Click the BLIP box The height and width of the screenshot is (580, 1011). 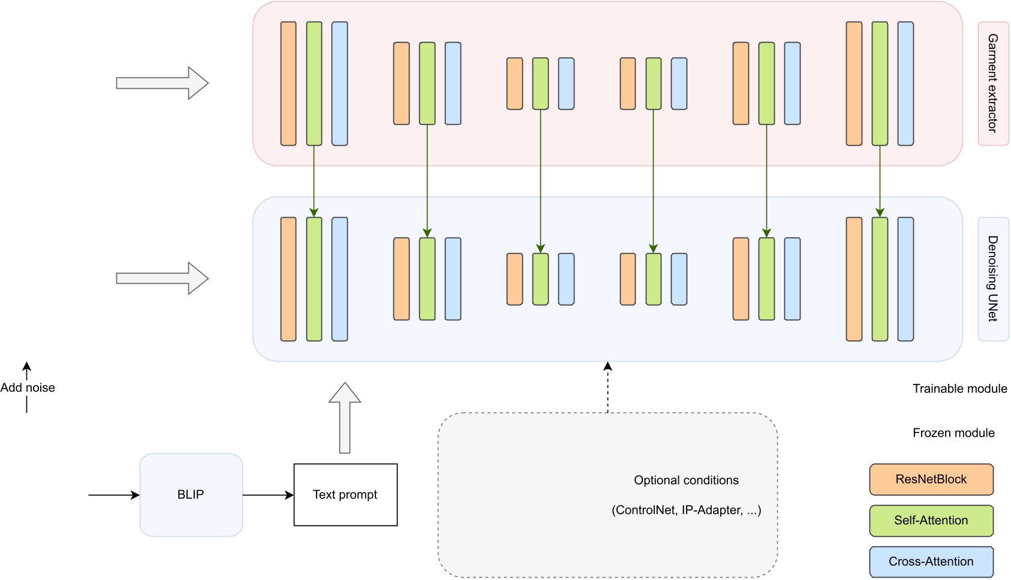pos(191,495)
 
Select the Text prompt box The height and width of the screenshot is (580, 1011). pos(345,495)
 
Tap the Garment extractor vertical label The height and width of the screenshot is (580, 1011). pos(993,83)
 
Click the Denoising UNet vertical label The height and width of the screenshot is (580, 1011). pos(993,279)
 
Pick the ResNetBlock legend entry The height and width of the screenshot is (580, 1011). pos(931,479)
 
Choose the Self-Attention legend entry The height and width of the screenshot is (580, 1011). pos(931,521)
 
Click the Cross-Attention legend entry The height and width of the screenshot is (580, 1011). pos(931,561)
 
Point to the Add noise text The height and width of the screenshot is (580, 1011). pos(28,388)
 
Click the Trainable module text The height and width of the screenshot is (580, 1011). pos(959,389)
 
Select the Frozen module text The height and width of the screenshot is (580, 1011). pos(953,433)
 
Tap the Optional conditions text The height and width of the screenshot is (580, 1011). pos(686,480)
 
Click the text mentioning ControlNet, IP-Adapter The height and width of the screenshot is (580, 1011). pos(686,510)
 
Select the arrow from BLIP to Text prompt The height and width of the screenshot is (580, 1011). pos(268,495)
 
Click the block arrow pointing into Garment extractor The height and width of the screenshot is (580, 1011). pos(162,83)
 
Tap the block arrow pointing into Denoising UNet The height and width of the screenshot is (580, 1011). pos(162,278)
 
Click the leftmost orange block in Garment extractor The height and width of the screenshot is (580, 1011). pos(288,83)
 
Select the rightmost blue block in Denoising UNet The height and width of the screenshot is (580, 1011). pos(905,279)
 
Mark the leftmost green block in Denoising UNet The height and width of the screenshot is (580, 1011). pos(314,279)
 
